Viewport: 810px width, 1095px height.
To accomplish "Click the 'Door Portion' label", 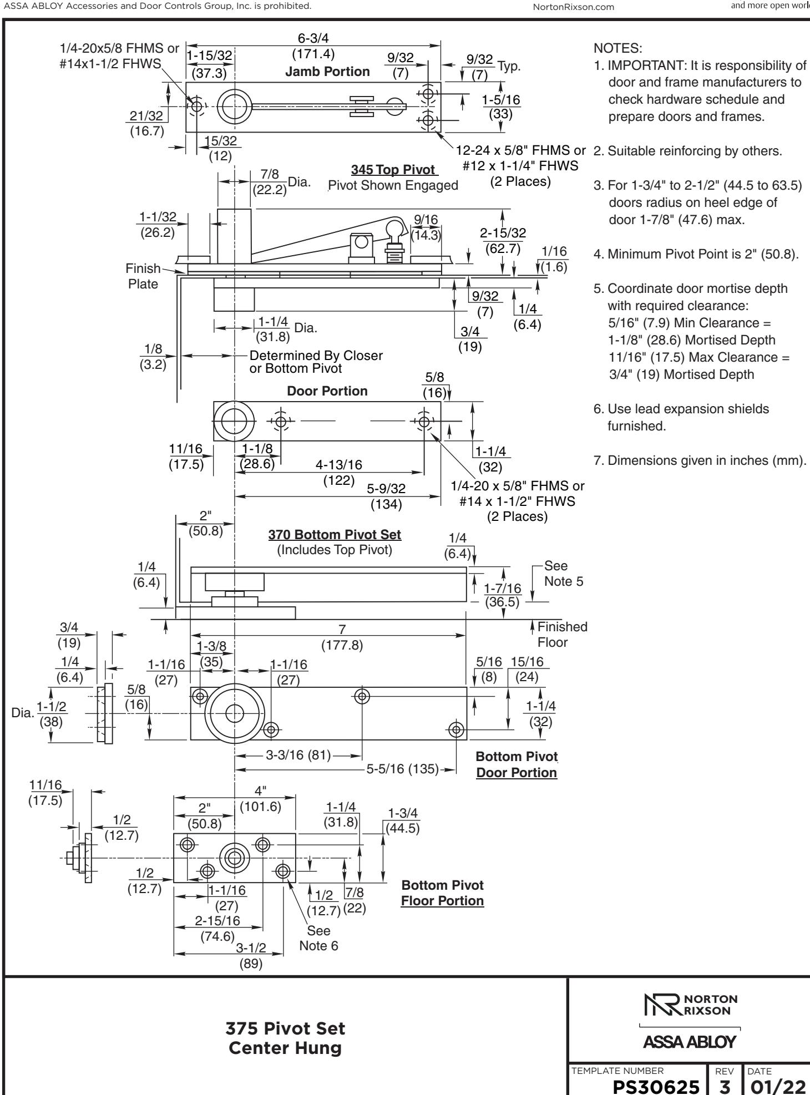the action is click(x=327, y=391).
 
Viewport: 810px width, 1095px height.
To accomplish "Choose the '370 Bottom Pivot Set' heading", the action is click(x=335, y=535).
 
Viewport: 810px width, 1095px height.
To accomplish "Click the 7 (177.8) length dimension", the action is click(x=342, y=638).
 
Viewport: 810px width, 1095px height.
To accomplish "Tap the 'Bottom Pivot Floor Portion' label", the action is click(x=442, y=893).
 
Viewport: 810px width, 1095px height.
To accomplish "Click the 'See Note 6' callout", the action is click(x=318, y=938).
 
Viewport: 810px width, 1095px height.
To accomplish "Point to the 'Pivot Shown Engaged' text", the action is click(x=393, y=185).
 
